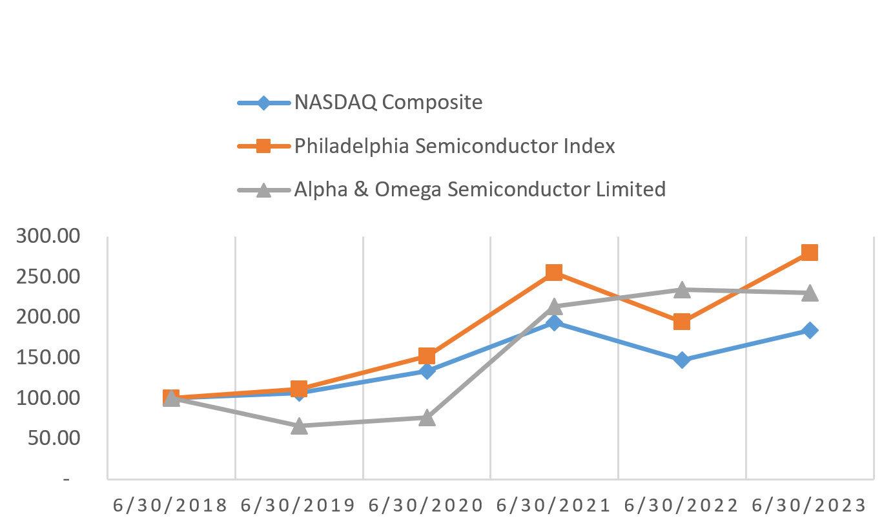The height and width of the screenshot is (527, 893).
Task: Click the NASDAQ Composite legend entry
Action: pos(388,103)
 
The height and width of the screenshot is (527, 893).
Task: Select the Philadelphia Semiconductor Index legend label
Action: pos(455,146)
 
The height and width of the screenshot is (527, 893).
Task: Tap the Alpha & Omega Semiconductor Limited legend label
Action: pos(480,189)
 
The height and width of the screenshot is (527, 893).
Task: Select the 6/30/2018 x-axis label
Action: pos(170,505)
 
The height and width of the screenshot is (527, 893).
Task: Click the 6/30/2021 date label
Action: pos(553,505)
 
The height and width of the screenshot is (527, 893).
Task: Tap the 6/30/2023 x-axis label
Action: pos(809,505)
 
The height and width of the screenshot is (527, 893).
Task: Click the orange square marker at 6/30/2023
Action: pos(810,252)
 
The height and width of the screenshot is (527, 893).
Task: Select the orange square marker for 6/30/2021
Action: pos(553,272)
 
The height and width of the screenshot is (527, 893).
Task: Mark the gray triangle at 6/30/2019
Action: pos(298,426)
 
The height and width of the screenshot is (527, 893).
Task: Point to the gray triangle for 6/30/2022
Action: pos(682,290)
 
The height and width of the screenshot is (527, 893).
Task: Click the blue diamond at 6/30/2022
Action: pos(682,360)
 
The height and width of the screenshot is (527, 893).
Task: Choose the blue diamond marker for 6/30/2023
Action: pos(810,330)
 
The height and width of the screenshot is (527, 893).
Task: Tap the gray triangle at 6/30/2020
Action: pos(426,418)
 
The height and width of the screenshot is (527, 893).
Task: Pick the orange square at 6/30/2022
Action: pos(682,322)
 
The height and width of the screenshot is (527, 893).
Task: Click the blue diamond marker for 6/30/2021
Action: pos(553,322)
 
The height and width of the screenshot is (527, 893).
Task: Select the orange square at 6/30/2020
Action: pos(426,356)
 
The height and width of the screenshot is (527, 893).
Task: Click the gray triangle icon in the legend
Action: pos(263,190)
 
